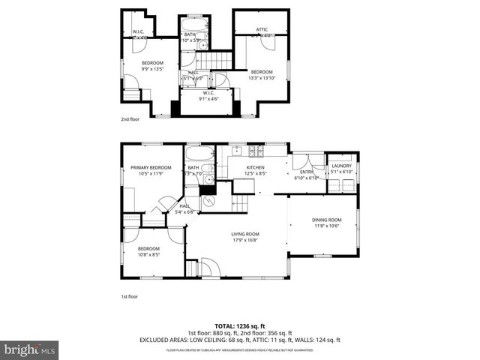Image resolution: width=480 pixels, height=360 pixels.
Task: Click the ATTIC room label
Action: [x=262, y=29]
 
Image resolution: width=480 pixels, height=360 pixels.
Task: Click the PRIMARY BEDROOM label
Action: [x=151, y=167]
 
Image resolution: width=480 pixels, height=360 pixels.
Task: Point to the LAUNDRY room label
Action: [x=341, y=166]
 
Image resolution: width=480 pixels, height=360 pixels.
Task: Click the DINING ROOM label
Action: [x=326, y=220]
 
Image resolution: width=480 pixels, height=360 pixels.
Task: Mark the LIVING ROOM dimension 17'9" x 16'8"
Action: [x=245, y=240]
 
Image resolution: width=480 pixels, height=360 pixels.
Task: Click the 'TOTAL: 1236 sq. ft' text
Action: [x=240, y=326]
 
